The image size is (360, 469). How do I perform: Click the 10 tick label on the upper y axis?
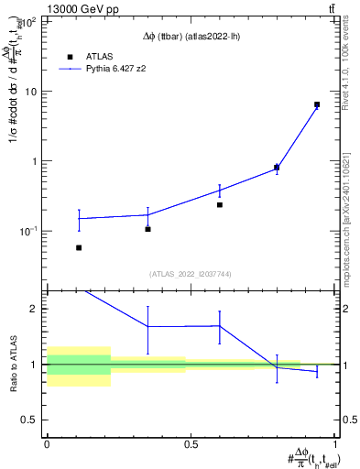32,92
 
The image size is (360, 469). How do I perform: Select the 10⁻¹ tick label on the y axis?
29,231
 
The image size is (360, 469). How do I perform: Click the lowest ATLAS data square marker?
79,247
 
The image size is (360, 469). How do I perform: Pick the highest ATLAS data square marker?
317,104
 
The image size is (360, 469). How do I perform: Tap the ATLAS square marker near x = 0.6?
220,205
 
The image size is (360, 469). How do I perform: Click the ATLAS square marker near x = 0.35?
147,228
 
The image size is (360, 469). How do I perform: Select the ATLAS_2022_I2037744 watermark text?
189,274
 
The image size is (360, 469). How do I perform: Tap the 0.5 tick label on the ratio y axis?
33,420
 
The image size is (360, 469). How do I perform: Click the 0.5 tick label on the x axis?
191,443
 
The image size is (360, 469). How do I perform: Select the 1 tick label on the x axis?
335,443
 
